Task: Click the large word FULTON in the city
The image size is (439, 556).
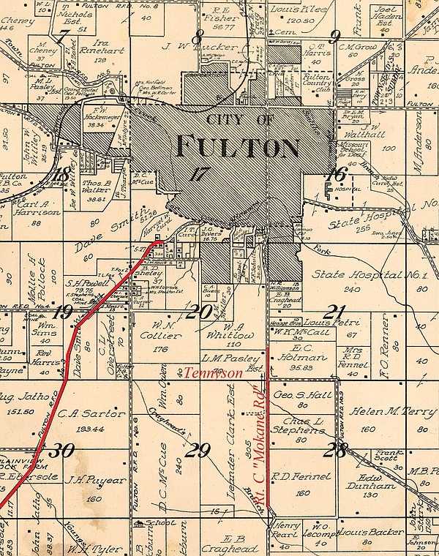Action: click(238, 146)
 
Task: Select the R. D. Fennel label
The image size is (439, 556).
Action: click(293, 476)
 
